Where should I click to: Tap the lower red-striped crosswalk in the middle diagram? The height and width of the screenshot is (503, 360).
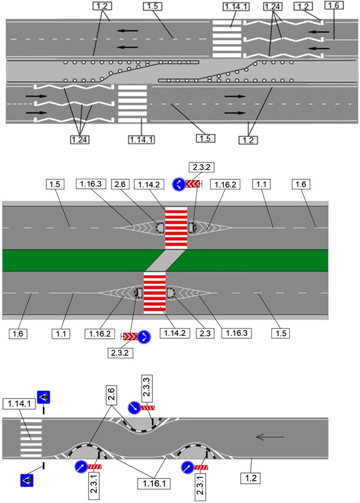155,293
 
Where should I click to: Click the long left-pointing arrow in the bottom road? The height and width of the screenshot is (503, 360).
271,437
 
